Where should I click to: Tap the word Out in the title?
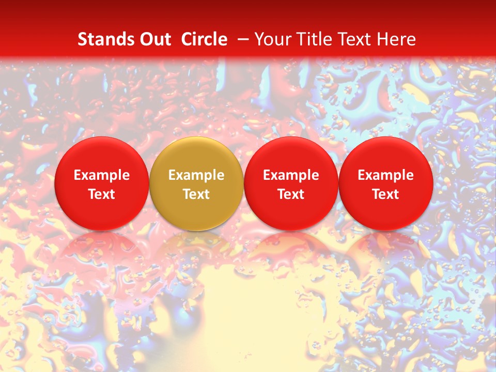pos(154,39)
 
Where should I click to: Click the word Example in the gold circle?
pos(196,175)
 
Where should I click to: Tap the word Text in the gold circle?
pos(196,194)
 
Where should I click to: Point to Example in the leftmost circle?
pos(101,175)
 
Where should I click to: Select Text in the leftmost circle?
pos(101,194)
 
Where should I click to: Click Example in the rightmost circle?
pos(386,175)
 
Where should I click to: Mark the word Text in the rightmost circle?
pos(386,194)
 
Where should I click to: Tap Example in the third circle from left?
pos(291,175)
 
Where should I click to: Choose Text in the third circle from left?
pos(291,194)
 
